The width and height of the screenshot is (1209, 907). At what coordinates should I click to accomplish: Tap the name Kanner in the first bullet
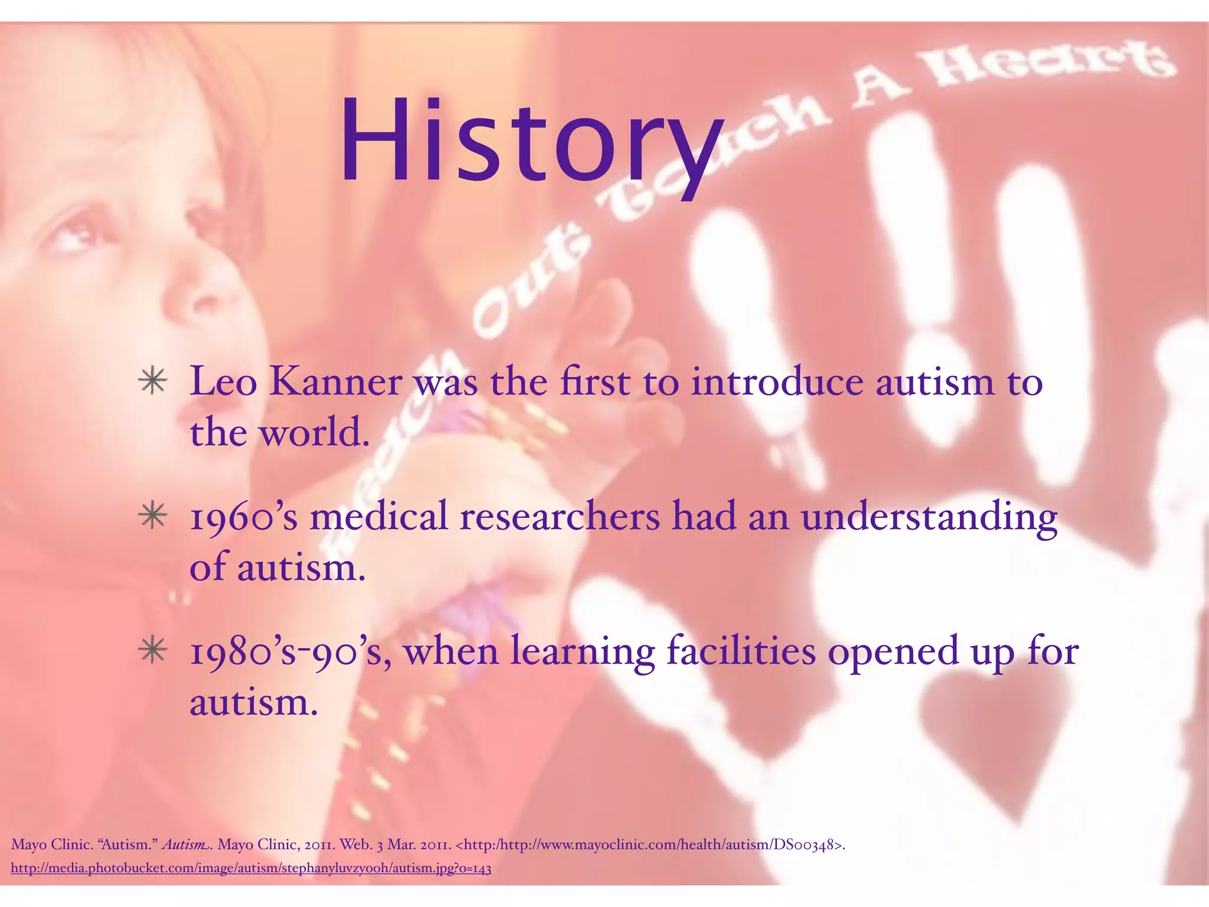click(x=336, y=382)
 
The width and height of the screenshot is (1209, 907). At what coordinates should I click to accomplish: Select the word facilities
click(x=741, y=651)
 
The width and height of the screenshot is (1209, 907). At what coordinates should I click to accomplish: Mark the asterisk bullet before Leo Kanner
click(x=153, y=381)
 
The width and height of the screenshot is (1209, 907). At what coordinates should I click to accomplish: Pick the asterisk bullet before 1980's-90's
click(x=153, y=650)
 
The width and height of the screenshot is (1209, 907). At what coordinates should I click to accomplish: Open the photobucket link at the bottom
click(x=251, y=869)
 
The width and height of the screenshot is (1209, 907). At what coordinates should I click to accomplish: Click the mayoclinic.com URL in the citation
click(x=649, y=845)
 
